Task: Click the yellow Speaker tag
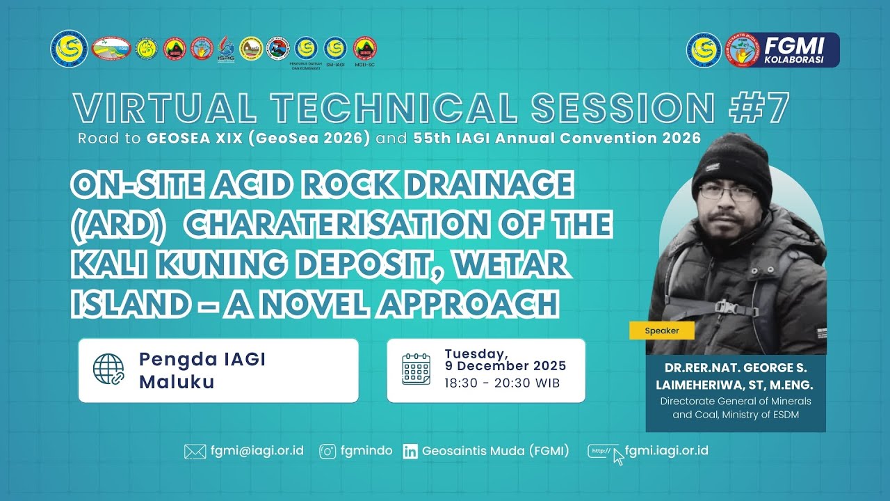pyautogui.click(x=661, y=331)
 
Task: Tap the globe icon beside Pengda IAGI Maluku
pyautogui.click(x=108, y=369)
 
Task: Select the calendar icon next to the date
pyautogui.click(x=416, y=369)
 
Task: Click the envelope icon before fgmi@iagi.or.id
pyautogui.click(x=195, y=452)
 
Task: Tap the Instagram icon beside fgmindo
pyautogui.click(x=327, y=452)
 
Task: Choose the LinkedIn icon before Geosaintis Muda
pyautogui.click(x=410, y=452)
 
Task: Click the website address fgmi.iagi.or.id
pyautogui.click(x=666, y=450)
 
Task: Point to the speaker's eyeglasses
pyautogui.click(x=726, y=193)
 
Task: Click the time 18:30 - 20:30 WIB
pyautogui.click(x=502, y=383)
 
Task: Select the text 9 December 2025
pyautogui.click(x=505, y=366)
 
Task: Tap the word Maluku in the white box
pyautogui.click(x=177, y=382)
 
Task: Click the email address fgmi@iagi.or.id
pyautogui.click(x=257, y=451)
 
